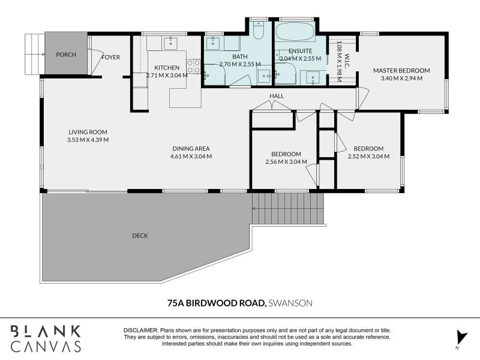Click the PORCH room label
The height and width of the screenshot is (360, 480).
66,55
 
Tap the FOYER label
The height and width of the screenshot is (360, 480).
111,57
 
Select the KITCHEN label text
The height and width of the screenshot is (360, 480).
167,68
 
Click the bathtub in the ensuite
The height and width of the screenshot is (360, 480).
295,32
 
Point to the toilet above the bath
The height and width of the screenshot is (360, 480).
259,30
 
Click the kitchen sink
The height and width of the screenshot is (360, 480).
171,43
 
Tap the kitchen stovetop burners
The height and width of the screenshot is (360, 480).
193,67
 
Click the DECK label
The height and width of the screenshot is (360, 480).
140,235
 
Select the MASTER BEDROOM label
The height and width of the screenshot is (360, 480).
401,70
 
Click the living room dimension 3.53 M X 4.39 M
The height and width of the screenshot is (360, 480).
88,140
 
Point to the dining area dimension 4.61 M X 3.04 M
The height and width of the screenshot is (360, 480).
191,156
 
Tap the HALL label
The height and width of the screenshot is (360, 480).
277,96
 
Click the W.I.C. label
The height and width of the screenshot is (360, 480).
347,61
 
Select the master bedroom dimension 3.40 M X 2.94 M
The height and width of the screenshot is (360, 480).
401,78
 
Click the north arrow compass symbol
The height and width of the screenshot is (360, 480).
461,338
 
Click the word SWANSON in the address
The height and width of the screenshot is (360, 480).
290,303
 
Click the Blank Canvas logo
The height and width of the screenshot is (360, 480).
46,338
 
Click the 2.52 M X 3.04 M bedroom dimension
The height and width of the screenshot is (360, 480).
368,156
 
